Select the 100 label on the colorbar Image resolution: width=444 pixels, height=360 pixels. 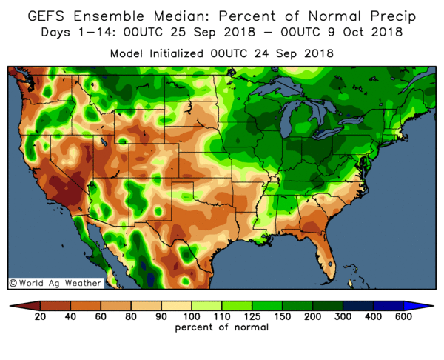tap(181, 317)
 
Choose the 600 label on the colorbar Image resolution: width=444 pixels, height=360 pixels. tap(404, 317)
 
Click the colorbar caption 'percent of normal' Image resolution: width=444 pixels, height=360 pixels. tap(221, 328)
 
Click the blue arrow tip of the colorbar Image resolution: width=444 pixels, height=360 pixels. tap(428, 305)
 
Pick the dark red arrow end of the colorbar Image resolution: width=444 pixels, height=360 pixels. tap(15, 305)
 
